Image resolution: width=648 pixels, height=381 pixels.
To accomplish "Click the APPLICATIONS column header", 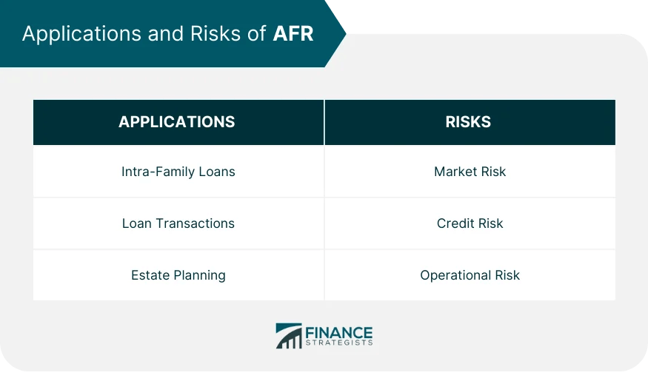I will point(177,122).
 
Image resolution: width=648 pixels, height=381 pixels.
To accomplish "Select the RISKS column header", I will point(468,122).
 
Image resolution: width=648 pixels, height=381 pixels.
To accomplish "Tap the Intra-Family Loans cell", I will point(178,172).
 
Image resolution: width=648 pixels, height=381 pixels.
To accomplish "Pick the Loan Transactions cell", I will point(178,223).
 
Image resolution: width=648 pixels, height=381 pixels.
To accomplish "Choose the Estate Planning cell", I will point(178,275).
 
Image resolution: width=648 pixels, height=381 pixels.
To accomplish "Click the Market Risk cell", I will point(470,172).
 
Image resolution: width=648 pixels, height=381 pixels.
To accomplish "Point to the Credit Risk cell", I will point(470,223).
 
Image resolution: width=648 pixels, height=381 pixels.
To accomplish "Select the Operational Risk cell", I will point(470,275).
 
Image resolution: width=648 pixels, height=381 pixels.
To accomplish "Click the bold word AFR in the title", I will point(293,34).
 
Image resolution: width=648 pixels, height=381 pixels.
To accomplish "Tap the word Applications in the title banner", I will point(72,34).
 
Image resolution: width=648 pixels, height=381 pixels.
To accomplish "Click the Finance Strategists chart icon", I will point(288,335).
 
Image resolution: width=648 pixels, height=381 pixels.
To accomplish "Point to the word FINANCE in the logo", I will point(339,332).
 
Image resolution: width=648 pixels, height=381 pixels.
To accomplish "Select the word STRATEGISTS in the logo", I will point(339,343).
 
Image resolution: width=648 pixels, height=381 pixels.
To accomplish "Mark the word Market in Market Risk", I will point(455,172).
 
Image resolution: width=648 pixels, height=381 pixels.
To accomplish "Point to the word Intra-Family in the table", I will point(158,172).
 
